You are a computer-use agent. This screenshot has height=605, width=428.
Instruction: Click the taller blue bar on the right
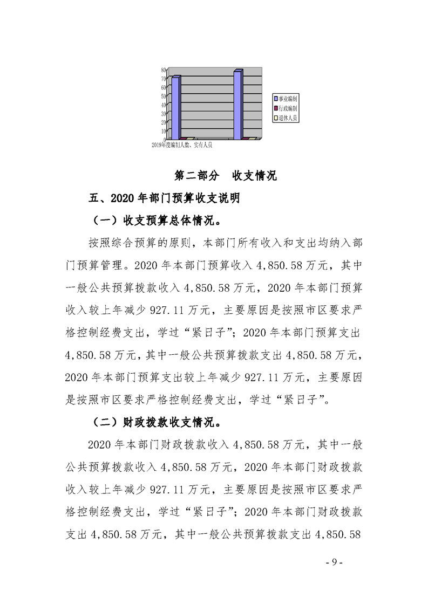tap(238, 105)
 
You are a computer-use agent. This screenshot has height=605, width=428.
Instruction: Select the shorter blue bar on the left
tap(175, 108)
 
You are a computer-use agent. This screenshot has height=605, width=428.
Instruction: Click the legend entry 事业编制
tap(288, 99)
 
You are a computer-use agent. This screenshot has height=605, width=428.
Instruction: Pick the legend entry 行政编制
tap(288, 108)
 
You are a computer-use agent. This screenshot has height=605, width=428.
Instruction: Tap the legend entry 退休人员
tap(288, 117)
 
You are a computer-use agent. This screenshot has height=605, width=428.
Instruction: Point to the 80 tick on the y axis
tap(163, 70)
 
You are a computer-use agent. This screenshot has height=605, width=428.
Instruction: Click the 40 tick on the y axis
tap(163, 105)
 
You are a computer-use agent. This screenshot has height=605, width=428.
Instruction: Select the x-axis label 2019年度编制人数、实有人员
tap(182, 145)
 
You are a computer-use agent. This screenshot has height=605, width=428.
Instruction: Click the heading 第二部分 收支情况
tap(226, 176)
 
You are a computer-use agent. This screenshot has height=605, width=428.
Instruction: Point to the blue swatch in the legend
tap(276, 99)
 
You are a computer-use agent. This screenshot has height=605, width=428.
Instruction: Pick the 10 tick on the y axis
tap(163, 130)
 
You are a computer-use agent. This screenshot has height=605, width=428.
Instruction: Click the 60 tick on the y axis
tap(163, 87)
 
